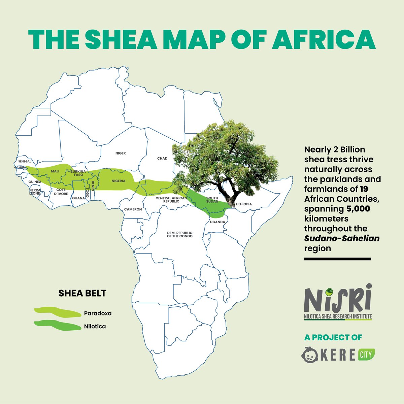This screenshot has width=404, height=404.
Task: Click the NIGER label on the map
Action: [121, 153]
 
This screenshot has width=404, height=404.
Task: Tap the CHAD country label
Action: [162, 158]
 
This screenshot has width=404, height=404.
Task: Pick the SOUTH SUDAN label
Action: [212, 200]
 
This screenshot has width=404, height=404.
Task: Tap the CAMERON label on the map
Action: [133, 209]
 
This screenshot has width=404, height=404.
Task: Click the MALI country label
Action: [55, 171]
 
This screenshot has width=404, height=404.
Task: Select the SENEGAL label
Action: [25, 162]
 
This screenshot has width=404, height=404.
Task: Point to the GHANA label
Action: [78, 198]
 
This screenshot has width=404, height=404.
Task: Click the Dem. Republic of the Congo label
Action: [179, 235]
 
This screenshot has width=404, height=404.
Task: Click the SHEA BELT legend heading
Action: [82, 293]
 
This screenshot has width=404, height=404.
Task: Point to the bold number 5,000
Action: [358, 209]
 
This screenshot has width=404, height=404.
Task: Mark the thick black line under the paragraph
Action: [337, 259]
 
